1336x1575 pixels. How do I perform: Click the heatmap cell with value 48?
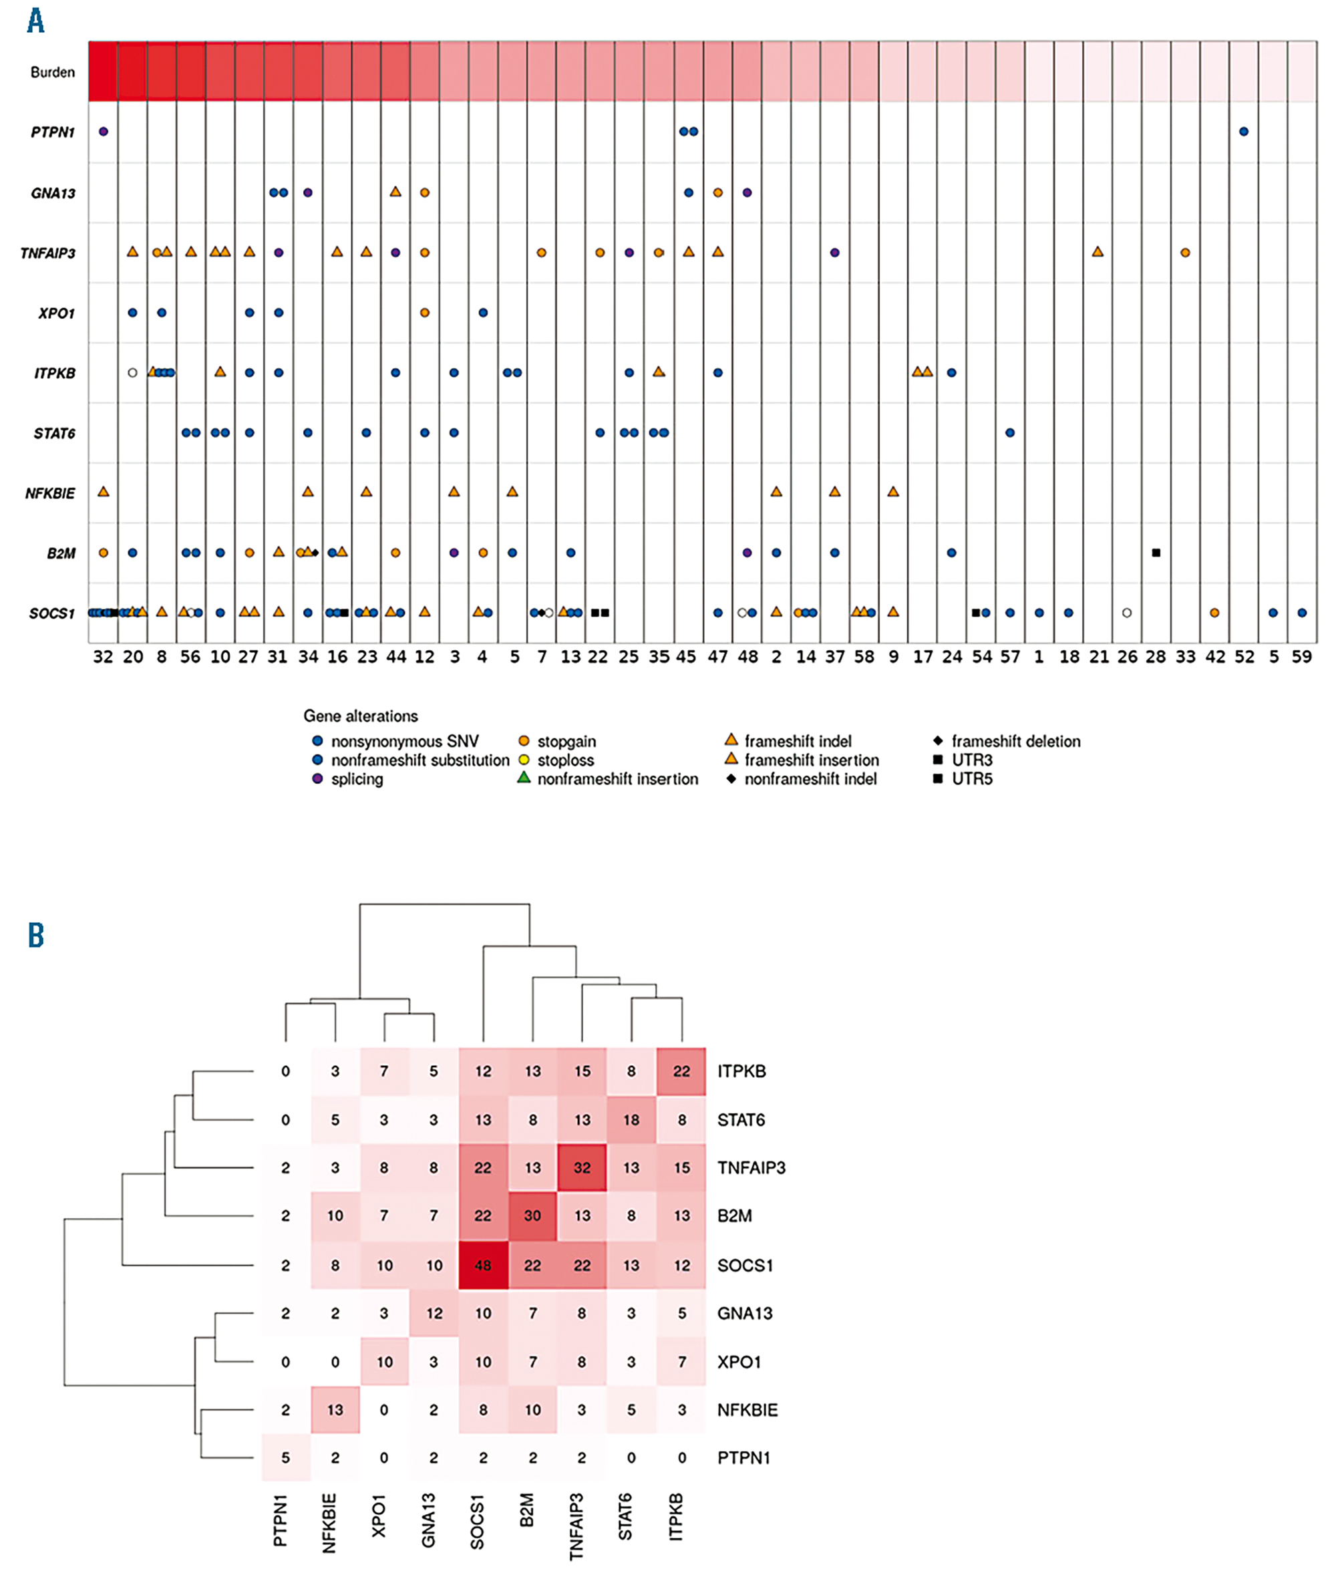pyautogui.click(x=482, y=1264)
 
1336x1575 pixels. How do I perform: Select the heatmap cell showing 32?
pyautogui.click(x=582, y=1167)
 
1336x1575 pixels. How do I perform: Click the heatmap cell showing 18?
pyautogui.click(x=631, y=1120)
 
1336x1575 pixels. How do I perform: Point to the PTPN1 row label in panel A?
pyautogui.click(x=52, y=132)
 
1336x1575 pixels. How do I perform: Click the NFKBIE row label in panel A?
pyautogui.click(x=50, y=493)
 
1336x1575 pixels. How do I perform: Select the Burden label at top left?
pyautogui.click(x=52, y=73)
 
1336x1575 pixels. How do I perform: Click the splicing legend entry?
pyautogui.click(x=356, y=778)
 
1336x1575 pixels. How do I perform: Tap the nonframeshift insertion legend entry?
pyautogui.click(x=617, y=778)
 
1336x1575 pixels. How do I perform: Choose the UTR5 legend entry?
pyautogui.click(x=971, y=778)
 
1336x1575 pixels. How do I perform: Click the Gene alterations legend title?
pyautogui.click(x=361, y=716)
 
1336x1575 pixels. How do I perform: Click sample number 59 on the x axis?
pyautogui.click(x=1301, y=657)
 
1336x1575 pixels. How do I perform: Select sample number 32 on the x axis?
pyautogui.click(x=103, y=657)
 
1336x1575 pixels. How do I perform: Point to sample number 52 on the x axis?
pyautogui.click(x=1244, y=657)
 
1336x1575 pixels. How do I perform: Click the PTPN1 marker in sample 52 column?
pyautogui.click(x=1244, y=132)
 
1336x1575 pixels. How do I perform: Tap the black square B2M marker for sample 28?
pyautogui.click(x=1156, y=553)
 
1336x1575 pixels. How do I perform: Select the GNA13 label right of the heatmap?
pyautogui.click(x=745, y=1313)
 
